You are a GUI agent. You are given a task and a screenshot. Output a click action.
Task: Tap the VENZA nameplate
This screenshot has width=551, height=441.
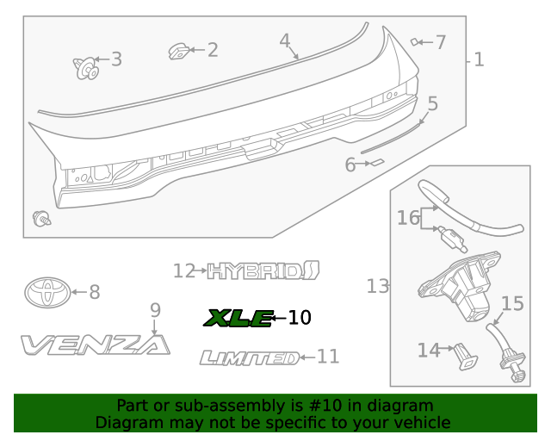pos(95,345)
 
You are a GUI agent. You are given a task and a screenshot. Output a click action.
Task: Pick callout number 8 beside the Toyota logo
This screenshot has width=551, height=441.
pos(94,293)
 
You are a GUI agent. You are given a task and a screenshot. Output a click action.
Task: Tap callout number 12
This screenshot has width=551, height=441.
pos(184,271)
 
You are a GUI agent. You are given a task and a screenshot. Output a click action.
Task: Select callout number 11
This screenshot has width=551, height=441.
pos(328,357)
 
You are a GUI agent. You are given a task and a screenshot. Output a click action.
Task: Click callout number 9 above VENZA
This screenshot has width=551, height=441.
pos(155,310)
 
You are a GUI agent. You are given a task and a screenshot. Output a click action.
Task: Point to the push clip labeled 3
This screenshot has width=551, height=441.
pos(85,66)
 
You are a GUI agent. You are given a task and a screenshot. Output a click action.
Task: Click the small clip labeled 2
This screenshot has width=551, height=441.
pos(180,53)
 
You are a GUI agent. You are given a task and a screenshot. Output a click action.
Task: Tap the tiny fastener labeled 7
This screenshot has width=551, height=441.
pos(416,40)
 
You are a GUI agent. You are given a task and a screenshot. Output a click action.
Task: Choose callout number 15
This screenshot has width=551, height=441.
pos(512,303)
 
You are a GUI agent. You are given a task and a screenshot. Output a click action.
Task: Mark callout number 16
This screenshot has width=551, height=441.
pos(408,218)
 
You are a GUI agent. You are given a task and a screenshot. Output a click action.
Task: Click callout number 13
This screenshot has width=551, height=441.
pos(378,286)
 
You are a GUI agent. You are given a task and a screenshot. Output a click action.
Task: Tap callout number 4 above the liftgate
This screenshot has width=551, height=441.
pos(285,40)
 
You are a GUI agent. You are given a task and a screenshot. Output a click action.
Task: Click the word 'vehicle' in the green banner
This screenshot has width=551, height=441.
pos(421,422)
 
